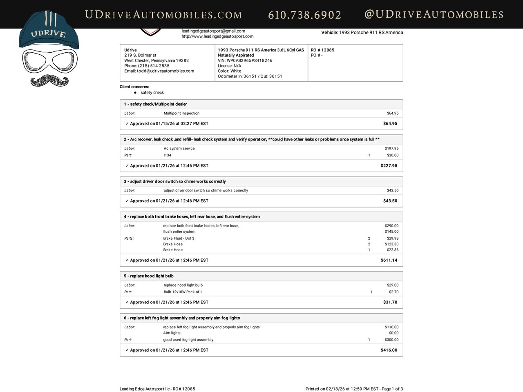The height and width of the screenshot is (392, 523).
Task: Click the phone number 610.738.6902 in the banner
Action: [x=304, y=15]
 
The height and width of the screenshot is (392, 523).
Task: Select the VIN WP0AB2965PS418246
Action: [x=245, y=60]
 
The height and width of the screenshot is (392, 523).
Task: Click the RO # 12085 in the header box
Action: [x=322, y=50]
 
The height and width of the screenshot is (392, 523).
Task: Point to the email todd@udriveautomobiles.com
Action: [x=159, y=71]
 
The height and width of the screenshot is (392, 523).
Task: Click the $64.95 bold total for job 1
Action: [x=390, y=124]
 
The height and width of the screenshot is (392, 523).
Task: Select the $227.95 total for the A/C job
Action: [x=389, y=166]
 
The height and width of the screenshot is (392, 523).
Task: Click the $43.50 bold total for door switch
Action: [x=390, y=201]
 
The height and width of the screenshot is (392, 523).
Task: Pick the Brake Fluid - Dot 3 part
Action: [x=179, y=238]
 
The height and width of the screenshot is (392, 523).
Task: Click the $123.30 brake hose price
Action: [x=391, y=244]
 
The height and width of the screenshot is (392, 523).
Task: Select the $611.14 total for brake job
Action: [x=389, y=261]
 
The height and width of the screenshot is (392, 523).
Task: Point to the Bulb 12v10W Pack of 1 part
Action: [x=183, y=292]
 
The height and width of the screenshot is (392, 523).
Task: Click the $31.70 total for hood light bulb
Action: [x=390, y=303]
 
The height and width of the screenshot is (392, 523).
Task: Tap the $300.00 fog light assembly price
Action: [x=391, y=340]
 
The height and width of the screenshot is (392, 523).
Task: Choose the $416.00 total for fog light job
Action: [x=389, y=350]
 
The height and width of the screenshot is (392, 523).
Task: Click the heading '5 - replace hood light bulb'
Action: [x=149, y=276]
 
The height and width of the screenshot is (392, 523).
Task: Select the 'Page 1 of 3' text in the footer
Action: [x=392, y=389]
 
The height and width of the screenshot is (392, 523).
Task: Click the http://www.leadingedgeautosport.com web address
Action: [x=217, y=36]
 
